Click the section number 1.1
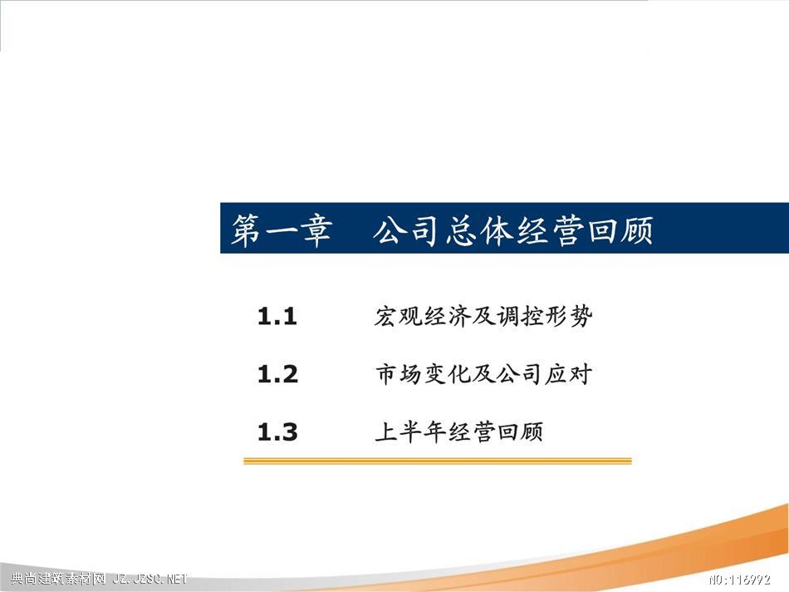pos(277,317)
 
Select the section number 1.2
pos(277,374)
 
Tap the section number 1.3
pos(277,432)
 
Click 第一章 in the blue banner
pos(282,231)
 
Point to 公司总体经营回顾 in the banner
pos(513,231)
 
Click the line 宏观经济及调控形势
pos(483,317)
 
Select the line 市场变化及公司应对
pos(483,374)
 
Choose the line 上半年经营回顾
pos(459,432)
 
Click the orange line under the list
pos(437,461)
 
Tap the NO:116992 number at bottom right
pos(740,580)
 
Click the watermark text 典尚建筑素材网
pos(58,579)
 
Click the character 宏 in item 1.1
pos(386,317)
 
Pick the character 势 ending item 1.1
pos(581,317)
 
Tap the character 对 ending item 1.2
pos(581,374)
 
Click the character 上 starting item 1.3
pos(386,432)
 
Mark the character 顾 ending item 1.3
pos(532,432)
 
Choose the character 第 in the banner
pos(247,231)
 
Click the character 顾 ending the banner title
pos(636,231)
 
